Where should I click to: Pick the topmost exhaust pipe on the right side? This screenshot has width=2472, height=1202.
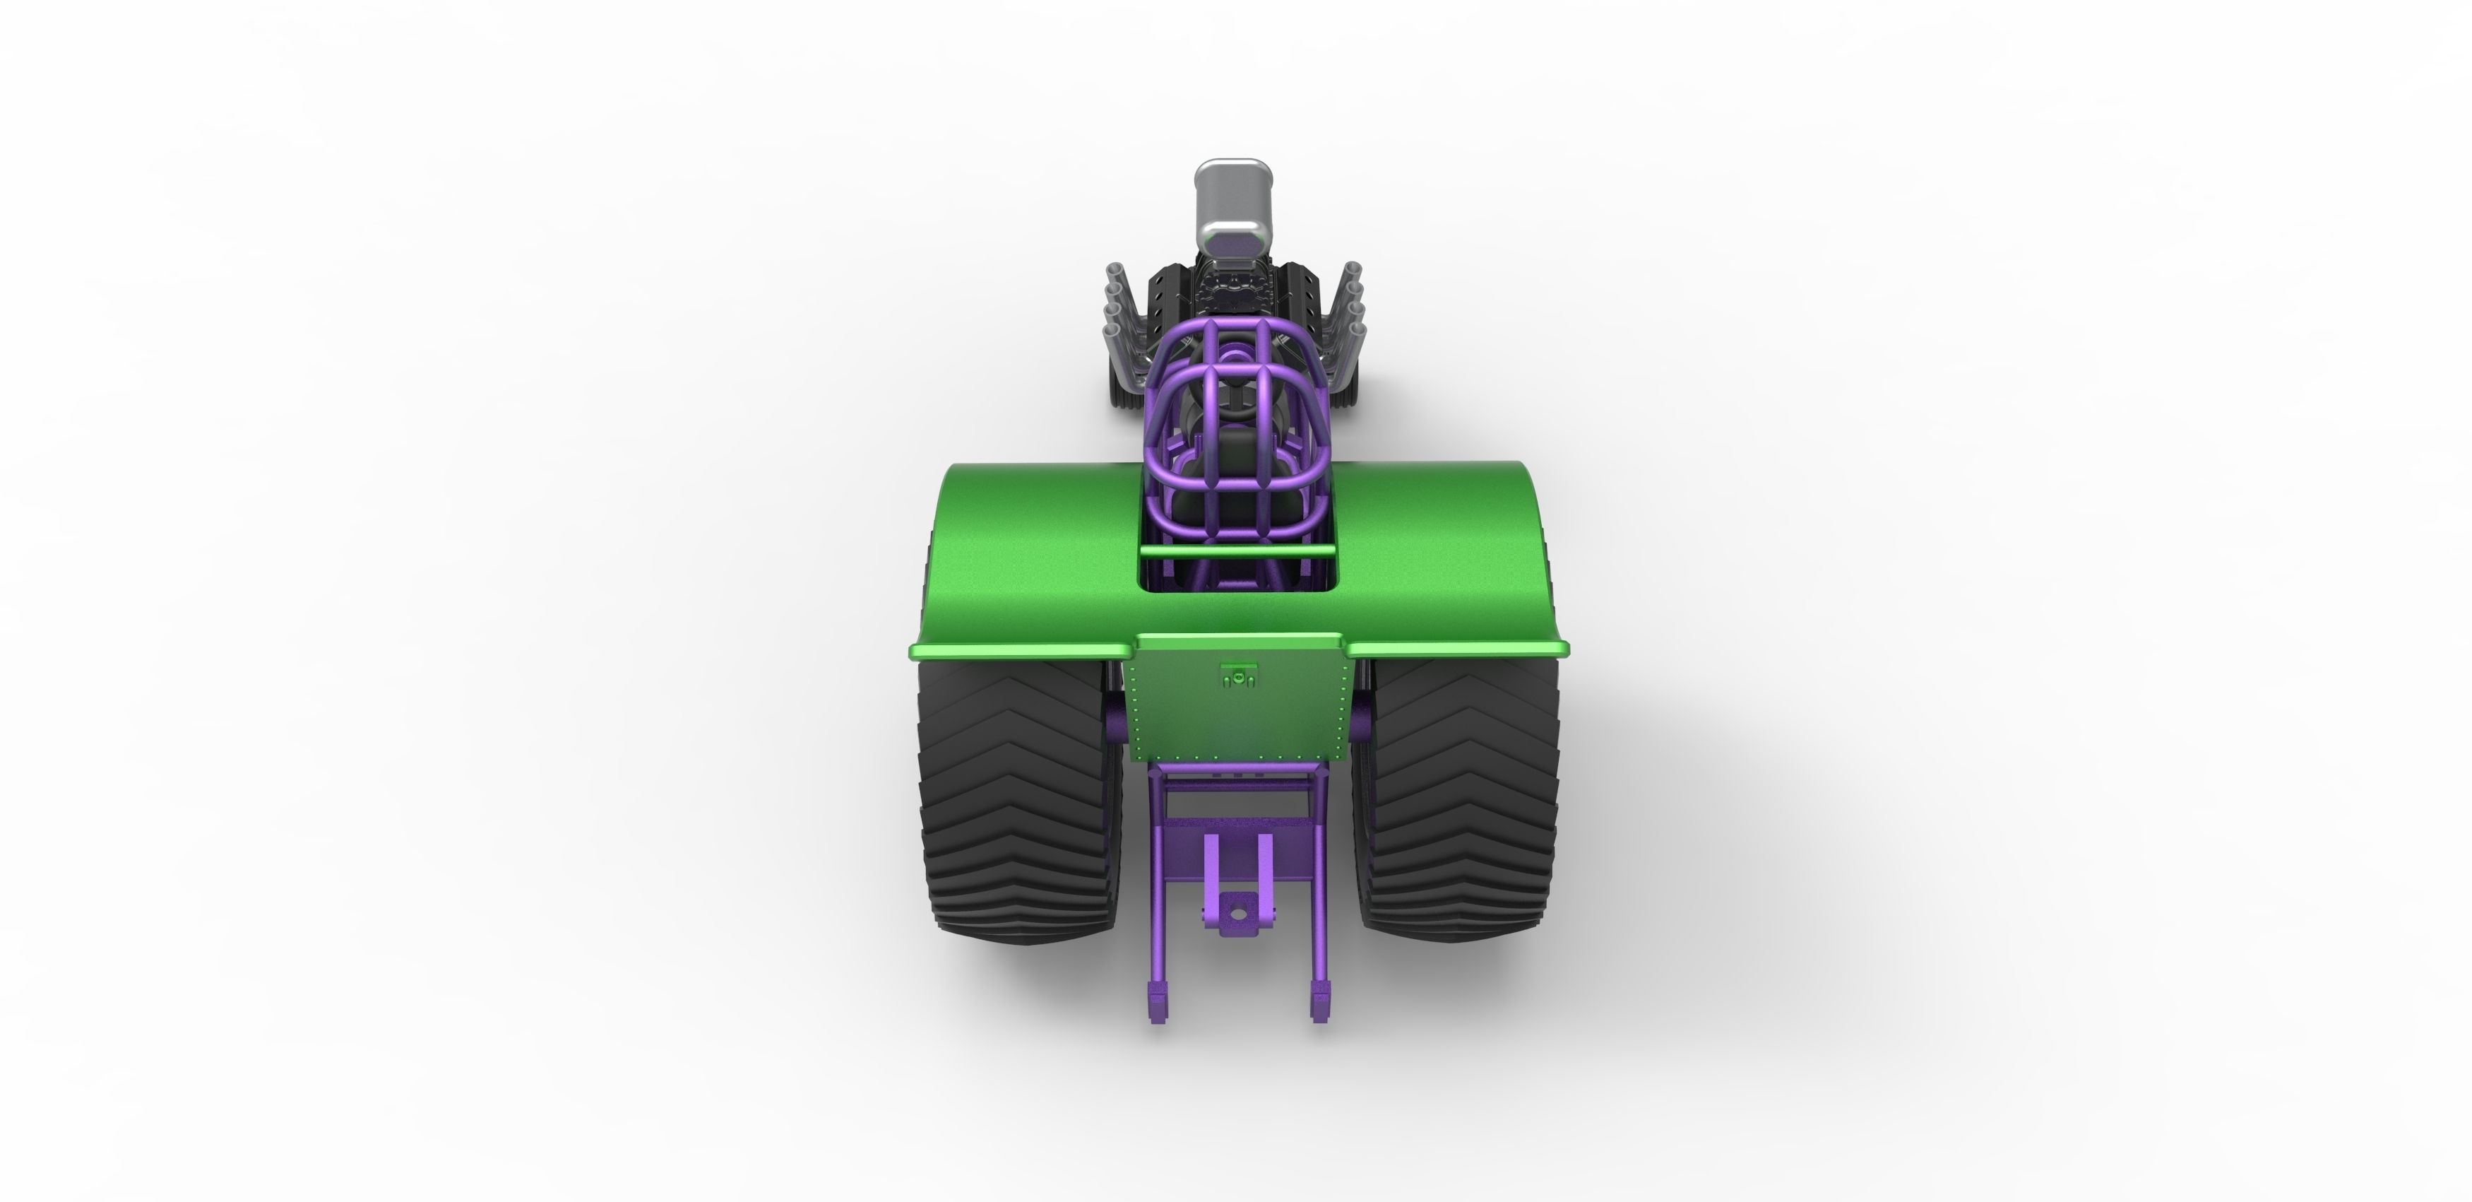point(1353,271)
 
